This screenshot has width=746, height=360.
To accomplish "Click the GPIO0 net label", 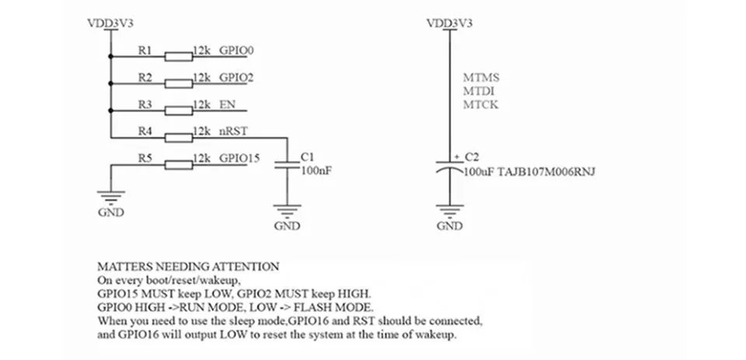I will pyautogui.click(x=237, y=51).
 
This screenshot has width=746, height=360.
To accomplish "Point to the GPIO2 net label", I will pyautogui.click(x=237, y=78).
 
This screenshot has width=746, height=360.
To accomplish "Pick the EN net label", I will pyautogui.click(x=228, y=104).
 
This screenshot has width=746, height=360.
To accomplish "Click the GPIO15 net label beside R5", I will pyautogui.click(x=239, y=158).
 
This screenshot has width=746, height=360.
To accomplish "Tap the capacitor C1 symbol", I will pyautogui.click(x=288, y=164).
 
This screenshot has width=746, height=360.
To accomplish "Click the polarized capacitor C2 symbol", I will pyautogui.click(x=449, y=166).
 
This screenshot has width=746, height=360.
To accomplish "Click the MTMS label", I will pyautogui.click(x=480, y=78).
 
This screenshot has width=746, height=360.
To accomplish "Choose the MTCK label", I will pyautogui.click(x=480, y=104).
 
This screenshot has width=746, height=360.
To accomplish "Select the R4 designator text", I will pyautogui.click(x=145, y=131).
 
